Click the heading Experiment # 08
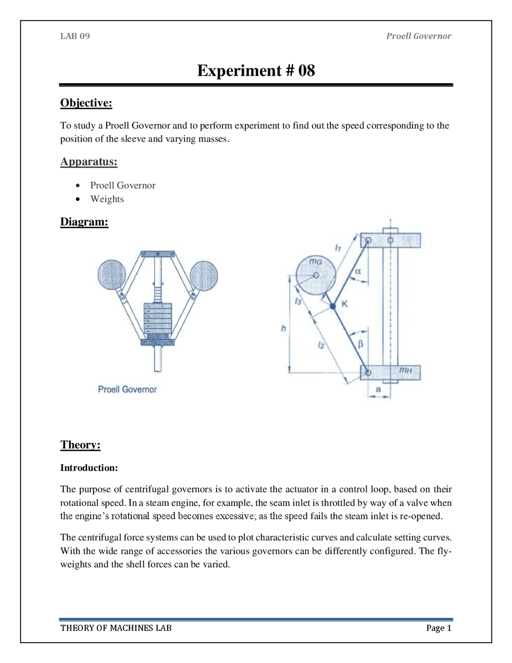tap(256, 70)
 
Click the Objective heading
tap(86, 103)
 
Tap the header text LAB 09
tap(75, 36)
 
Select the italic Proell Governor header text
tap(418, 36)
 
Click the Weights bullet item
tap(107, 199)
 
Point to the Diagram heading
tap(84, 222)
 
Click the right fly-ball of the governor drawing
tap(204, 275)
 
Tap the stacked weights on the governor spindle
tap(158, 318)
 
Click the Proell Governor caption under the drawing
tap(127, 389)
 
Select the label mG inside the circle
tap(315, 262)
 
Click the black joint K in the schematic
tap(333, 306)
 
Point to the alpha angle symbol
tap(358, 271)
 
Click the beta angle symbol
tap(360, 344)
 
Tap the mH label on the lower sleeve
tap(405, 370)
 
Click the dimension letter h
tap(283, 329)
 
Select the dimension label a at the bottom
tap(378, 389)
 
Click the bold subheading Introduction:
tap(89, 468)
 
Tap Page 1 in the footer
tap(438, 628)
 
